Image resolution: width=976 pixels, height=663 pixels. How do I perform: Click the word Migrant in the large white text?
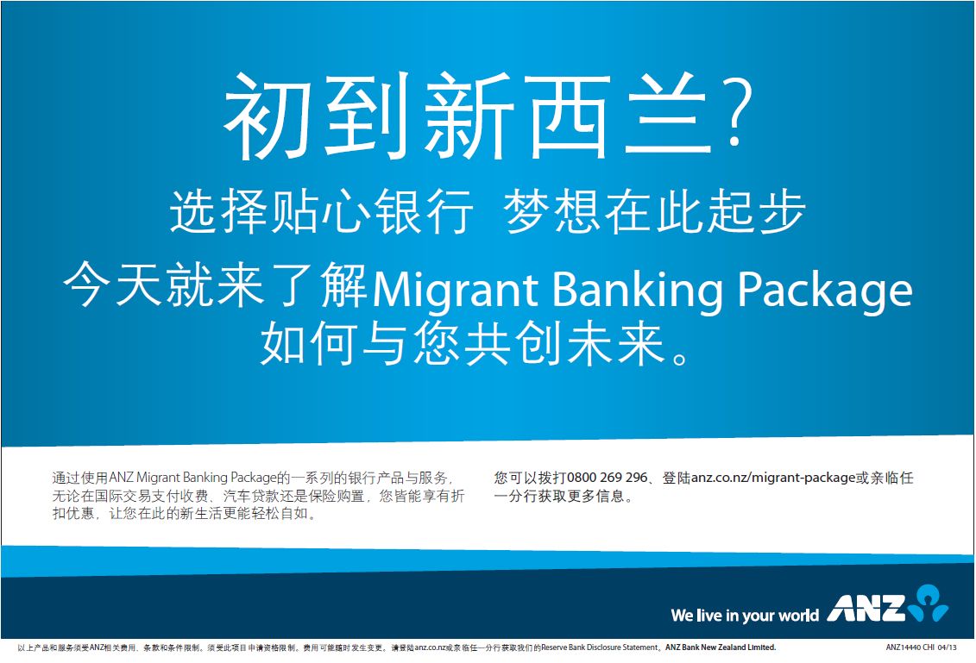click(455, 291)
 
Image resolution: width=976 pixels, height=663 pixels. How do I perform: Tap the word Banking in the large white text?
click(638, 291)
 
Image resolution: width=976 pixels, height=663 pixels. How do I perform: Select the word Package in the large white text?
click(825, 291)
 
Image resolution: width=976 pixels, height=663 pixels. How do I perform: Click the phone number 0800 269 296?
click(608, 478)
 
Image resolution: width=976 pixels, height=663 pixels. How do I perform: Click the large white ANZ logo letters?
click(866, 609)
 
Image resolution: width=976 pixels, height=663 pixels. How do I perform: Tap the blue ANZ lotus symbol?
click(928, 603)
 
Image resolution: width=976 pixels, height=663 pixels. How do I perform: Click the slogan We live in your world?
click(745, 615)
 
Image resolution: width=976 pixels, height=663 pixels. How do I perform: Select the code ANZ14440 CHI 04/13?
click(922, 647)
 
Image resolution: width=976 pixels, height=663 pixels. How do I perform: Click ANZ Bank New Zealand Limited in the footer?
click(721, 647)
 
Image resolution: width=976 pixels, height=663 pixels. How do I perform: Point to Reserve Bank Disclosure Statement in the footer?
click(600, 647)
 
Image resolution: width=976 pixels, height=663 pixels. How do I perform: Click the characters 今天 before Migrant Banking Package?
click(113, 285)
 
